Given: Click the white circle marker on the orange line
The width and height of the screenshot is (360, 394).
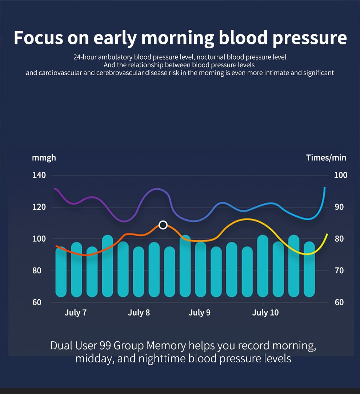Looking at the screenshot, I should [x=163, y=225].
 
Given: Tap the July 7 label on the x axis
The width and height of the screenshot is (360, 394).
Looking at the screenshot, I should [x=76, y=313].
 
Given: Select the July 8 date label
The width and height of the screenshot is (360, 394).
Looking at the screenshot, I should [x=139, y=313].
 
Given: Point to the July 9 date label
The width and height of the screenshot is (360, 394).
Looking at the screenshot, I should [x=199, y=313].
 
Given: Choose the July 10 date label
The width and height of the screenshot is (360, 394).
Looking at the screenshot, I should [x=265, y=313].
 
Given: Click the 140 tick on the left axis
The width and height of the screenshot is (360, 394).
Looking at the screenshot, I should [x=39, y=175].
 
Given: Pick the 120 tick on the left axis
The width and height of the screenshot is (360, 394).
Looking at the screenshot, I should [x=39, y=207].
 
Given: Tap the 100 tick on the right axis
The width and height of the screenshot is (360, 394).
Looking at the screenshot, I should [x=341, y=175].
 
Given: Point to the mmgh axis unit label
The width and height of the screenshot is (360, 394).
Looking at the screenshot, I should [x=44, y=158].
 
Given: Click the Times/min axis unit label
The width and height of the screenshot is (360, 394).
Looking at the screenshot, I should [x=326, y=158].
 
